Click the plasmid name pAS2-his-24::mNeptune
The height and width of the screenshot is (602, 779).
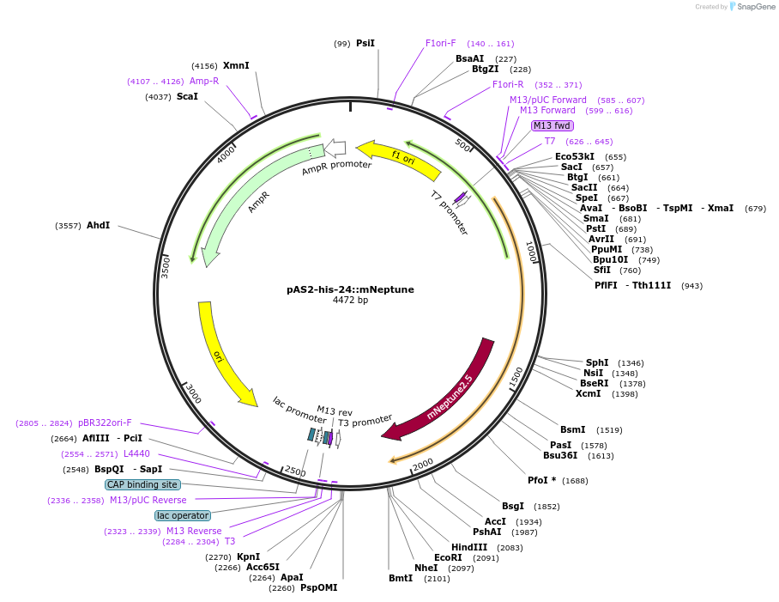[350, 289]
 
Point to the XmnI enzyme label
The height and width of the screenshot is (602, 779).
[236, 65]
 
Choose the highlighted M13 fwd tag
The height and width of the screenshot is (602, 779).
[552, 125]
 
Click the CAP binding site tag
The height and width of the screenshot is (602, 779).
[142, 484]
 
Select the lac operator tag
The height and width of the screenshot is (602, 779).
[182, 515]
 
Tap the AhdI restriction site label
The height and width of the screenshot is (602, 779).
[98, 225]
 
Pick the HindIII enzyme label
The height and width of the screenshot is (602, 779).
[469, 547]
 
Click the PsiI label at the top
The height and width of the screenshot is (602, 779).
[365, 43]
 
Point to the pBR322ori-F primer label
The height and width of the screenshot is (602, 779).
[105, 423]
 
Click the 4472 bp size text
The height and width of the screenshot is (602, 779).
[350, 301]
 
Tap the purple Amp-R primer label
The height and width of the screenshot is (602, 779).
[204, 81]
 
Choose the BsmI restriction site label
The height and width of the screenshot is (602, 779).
[573, 429]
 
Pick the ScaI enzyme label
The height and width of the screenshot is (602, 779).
[187, 96]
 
